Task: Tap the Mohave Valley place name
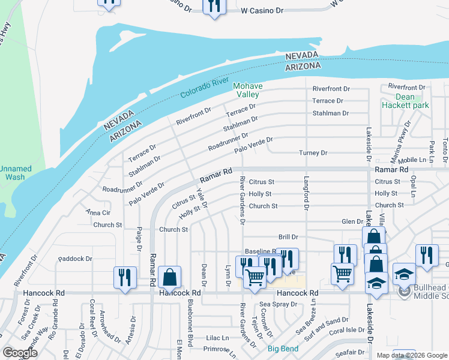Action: click(246, 90)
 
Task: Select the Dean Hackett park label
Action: click(404, 101)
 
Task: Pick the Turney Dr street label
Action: click(313, 153)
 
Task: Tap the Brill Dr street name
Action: click(288, 238)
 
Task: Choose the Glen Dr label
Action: click(352, 221)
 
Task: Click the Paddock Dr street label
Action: click(76, 259)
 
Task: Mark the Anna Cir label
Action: click(98, 212)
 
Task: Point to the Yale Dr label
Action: click(202, 196)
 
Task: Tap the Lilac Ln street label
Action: click(217, 338)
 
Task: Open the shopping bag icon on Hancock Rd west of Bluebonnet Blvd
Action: click(170, 277)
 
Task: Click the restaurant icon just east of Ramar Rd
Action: click(122, 277)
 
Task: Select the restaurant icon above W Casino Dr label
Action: click(214, 6)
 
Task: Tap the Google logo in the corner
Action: click(20, 353)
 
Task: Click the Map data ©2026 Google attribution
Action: click(412, 355)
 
